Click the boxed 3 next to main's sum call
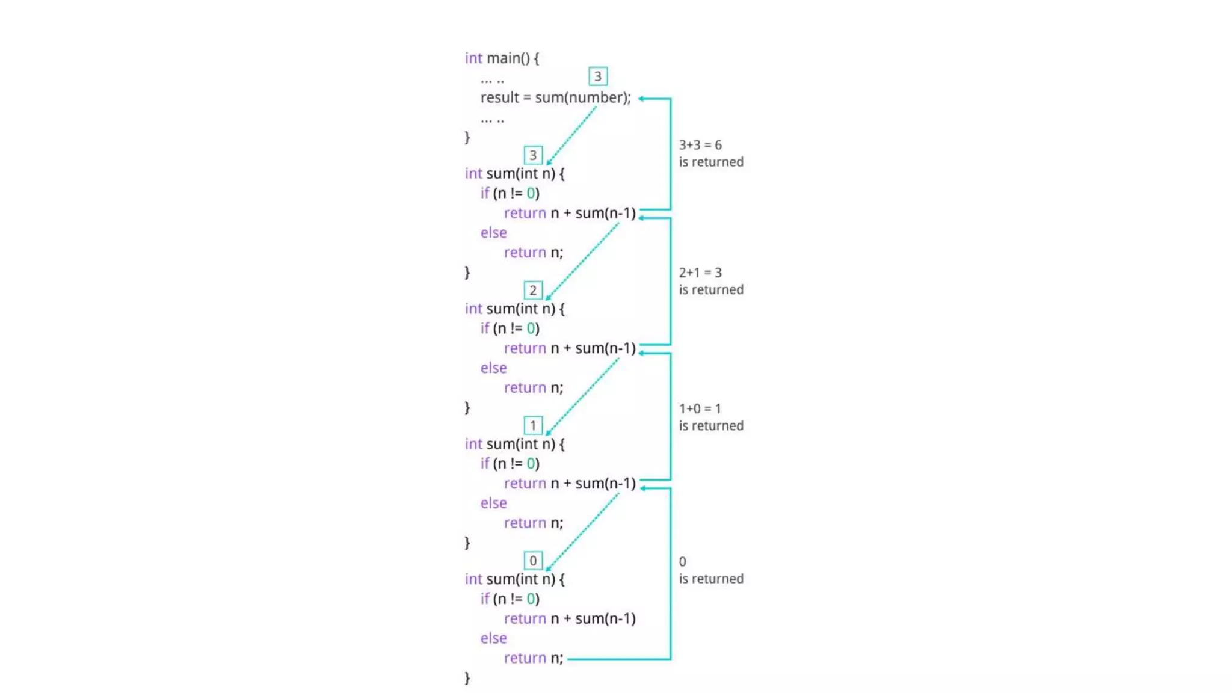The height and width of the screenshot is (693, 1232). [x=597, y=76]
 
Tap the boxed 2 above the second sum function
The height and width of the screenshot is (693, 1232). [x=533, y=291]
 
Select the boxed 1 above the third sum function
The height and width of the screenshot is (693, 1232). [x=533, y=426]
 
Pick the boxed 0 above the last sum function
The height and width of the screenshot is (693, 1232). [x=533, y=561]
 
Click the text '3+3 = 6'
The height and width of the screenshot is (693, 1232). [x=700, y=145]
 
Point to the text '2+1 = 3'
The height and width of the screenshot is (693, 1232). [x=700, y=273]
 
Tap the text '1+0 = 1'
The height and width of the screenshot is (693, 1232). [x=700, y=408]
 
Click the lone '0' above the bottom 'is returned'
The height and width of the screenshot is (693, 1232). [x=682, y=561]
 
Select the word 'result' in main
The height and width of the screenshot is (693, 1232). [x=499, y=97]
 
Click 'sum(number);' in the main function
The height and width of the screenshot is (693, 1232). [x=583, y=97]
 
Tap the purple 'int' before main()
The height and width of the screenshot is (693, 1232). [x=473, y=58]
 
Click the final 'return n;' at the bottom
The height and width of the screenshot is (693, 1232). [x=534, y=658]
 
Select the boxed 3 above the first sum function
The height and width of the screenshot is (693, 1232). [x=533, y=155]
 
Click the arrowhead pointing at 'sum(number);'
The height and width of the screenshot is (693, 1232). [x=641, y=99]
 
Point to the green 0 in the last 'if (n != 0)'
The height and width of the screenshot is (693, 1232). [x=531, y=599]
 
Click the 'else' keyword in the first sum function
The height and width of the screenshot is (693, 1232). [x=493, y=233]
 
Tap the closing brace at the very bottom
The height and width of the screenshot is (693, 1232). [x=467, y=678]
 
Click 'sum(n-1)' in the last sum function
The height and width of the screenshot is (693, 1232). [x=605, y=618]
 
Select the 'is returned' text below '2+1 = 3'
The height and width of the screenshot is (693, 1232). [x=711, y=290]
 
